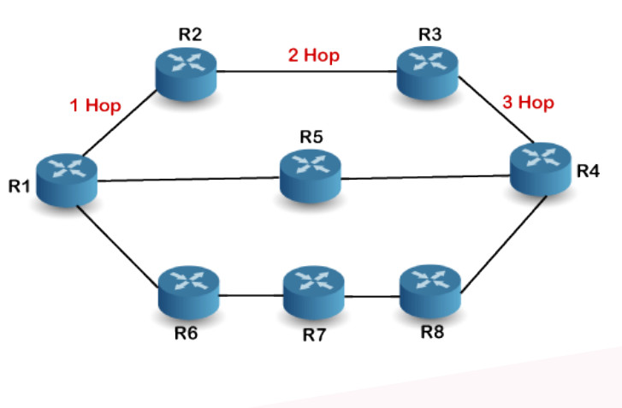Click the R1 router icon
coord(68,169)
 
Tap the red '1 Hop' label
coord(96,107)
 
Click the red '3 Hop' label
coord(528,103)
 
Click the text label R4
coord(587,170)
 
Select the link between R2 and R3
coord(308,71)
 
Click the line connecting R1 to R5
coord(188,180)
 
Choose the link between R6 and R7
coord(250,296)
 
